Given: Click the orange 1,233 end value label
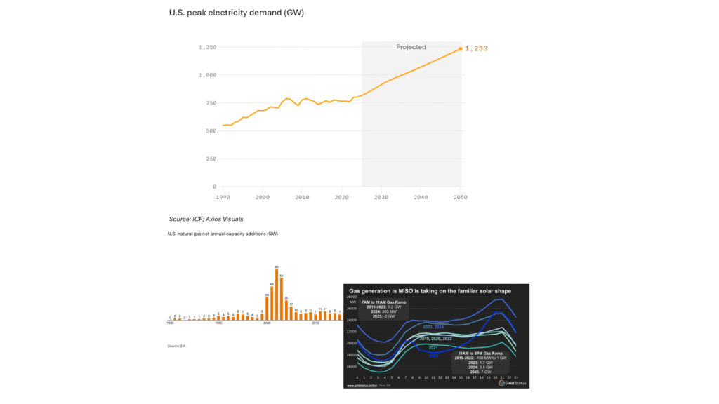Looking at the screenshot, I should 476,49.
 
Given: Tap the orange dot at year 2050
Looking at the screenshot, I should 461,49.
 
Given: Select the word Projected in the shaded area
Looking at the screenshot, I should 411,47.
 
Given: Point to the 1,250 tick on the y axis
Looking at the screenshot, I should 207,47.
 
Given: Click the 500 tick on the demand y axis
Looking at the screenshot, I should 210,130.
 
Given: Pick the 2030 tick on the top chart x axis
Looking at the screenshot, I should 381,198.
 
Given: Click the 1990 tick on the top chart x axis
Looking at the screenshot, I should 223,198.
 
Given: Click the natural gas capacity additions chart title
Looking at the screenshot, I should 223,234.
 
